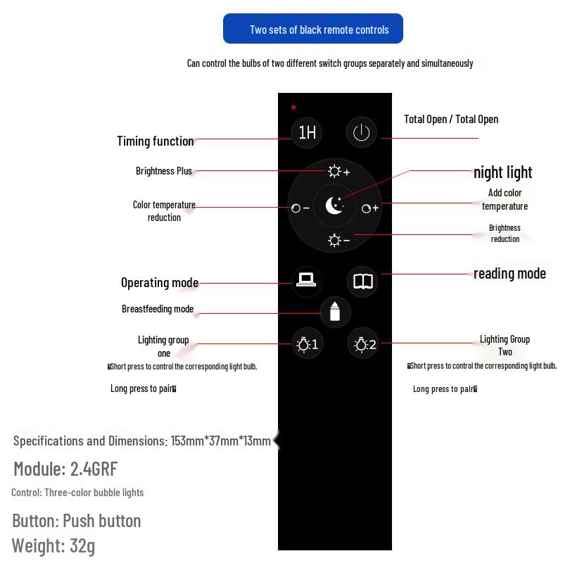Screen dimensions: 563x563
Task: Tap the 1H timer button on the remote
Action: [307, 132]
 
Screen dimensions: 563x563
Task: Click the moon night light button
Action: [335, 205]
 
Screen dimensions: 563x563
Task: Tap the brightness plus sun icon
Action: [338, 172]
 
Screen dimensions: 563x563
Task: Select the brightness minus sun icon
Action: [338, 241]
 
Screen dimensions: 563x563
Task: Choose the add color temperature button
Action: [370, 208]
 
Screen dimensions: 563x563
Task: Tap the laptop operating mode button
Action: [306, 281]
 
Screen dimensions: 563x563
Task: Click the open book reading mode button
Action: [363, 281]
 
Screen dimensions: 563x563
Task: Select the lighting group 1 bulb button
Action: [307, 344]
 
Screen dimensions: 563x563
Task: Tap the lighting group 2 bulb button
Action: [364, 344]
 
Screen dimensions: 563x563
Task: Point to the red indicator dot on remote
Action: [293, 108]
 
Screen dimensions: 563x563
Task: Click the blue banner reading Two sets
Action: [313, 29]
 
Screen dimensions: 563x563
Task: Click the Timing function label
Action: [156, 141]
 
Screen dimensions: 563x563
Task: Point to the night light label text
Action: [502, 172]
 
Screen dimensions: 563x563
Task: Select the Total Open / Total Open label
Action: [451, 119]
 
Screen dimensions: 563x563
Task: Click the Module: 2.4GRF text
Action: [65, 469]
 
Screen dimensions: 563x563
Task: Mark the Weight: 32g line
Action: [53, 545]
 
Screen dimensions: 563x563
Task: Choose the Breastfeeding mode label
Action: [158, 309]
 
